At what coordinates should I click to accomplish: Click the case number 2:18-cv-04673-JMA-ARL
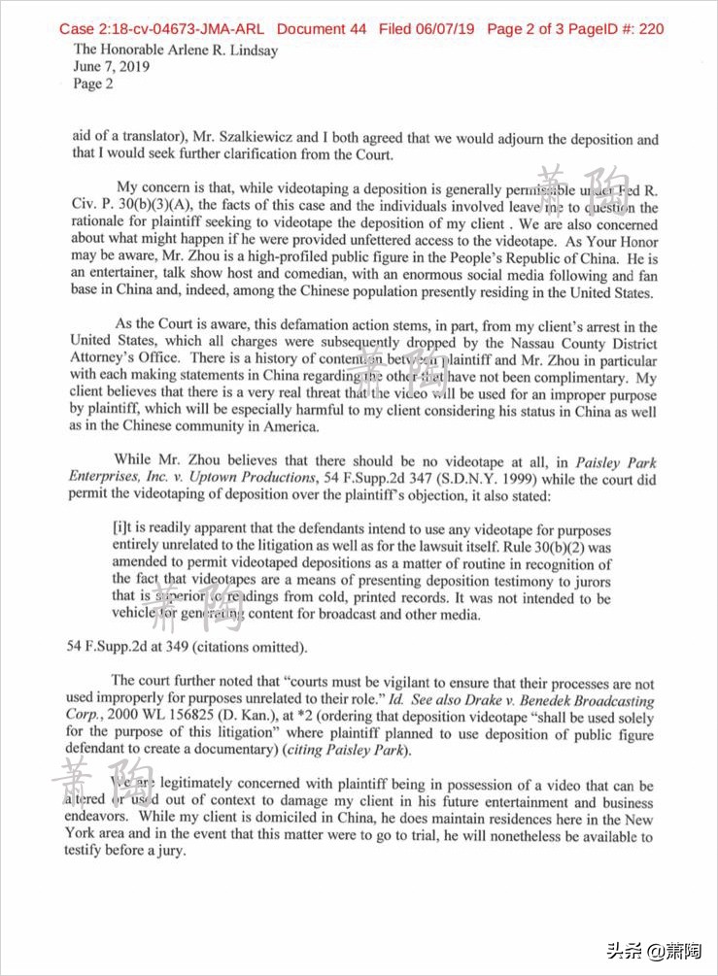tap(161, 29)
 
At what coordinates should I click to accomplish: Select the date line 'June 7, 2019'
tap(112, 67)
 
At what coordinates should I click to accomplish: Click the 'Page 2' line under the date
tap(93, 84)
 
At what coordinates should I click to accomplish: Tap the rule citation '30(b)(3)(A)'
tap(162, 208)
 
